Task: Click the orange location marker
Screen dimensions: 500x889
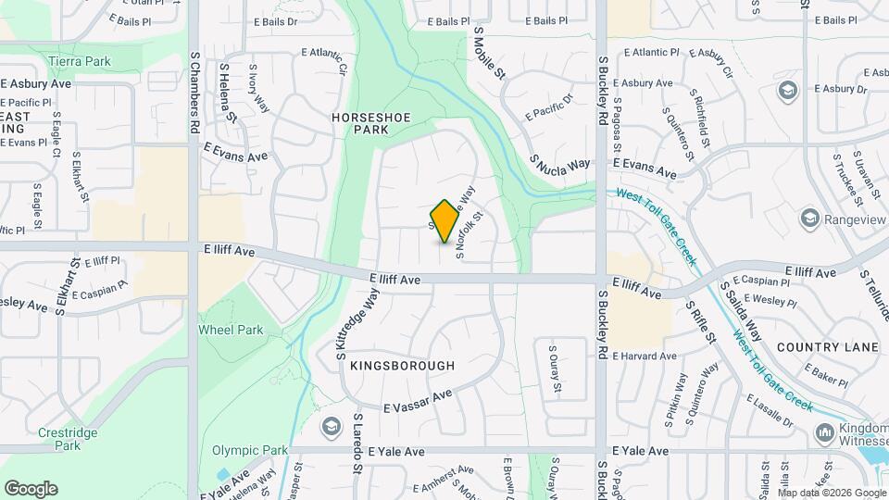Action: [x=445, y=220]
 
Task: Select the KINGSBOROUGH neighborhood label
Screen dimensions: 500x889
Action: [x=403, y=366]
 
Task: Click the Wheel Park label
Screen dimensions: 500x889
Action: [x=231, y=330]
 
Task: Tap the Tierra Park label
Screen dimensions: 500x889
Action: [x=79, y=61]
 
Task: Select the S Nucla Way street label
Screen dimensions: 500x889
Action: [x=560, y=164]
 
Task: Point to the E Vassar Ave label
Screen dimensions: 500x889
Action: [x=418, y=401]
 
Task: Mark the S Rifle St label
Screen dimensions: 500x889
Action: [x=700, y=319]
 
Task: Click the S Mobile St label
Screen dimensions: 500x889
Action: [x=490, y=52]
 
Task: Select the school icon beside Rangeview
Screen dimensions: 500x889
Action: [x=810, y=219]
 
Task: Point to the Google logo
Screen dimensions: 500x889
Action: [x=31, y=489]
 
